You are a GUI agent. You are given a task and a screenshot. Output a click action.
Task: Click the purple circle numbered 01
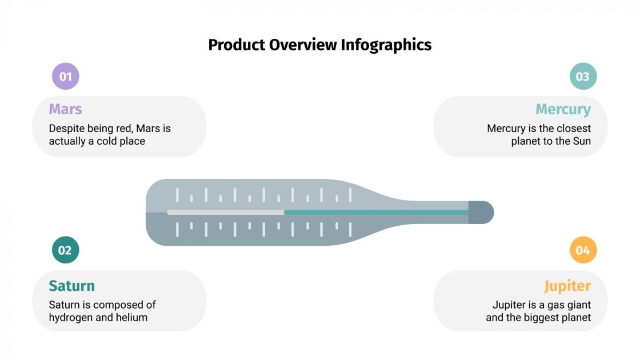click(65, 77)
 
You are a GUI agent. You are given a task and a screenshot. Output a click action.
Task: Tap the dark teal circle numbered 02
click(65, 250)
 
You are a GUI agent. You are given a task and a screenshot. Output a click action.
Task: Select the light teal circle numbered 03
click(583, 77)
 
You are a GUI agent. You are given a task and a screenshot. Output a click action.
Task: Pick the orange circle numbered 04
click(583, 250)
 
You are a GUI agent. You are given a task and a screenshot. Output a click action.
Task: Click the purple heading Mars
click(65, 109)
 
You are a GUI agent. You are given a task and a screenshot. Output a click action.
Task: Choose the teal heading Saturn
click(71, 286)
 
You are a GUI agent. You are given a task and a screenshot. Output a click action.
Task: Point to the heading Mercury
click(563, 109)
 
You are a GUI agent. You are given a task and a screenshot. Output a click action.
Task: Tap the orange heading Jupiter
click(567, 286)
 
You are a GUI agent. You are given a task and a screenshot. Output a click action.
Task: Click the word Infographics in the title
click(386, 45)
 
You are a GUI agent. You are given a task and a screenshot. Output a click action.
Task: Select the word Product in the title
click(236, 45)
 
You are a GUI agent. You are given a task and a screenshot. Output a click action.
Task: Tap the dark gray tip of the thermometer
click(481, 212)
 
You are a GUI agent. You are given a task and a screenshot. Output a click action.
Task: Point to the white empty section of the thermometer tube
click(225, 212)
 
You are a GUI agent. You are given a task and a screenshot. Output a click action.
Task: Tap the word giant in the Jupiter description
click(578, 305)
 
